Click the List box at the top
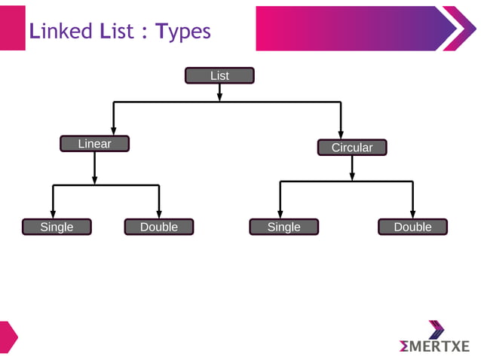click(219, 75)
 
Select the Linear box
click(94, 143)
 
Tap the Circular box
click(351, 147)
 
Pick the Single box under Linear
click(57, 227)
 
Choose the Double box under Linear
click(158, 227)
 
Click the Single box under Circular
click(283, 227)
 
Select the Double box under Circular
click(412, 227)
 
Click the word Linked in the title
click(60, 32)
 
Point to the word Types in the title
click(183, 32)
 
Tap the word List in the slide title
click(118, 32)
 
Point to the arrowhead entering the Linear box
click(113, 130)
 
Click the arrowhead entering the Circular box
click(341, 134)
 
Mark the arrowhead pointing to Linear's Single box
click(53, 214)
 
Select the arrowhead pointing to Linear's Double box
click(159, 214)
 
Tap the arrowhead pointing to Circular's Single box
click(280, 214)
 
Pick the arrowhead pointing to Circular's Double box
click(412, 214)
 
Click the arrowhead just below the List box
click(219, 95)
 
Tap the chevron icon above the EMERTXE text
click(437, 329)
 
